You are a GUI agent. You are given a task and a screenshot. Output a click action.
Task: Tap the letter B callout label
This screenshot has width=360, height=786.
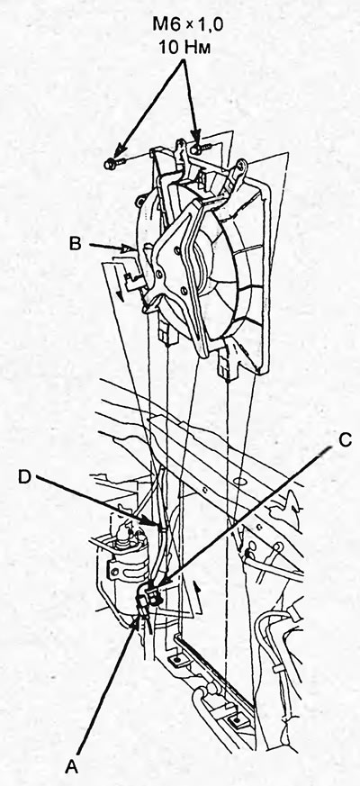[76, 245]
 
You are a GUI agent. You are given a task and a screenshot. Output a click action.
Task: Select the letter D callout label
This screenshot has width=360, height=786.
[25, 476]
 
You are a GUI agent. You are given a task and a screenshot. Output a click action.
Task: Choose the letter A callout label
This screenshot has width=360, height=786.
[74, 766]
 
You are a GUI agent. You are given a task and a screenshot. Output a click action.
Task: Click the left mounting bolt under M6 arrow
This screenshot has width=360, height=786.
[112, 162]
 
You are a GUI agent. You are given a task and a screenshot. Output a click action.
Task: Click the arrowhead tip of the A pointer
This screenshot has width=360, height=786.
[137, 618]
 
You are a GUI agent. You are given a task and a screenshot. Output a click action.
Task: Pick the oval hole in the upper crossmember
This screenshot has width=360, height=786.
[241, 480]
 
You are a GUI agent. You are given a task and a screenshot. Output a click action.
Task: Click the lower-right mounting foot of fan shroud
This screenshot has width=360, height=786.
[227, 365]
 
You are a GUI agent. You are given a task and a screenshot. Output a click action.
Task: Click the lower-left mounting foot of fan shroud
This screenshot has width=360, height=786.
[168, 332]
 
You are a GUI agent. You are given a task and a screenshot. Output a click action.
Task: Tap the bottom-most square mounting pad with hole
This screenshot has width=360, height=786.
[235, 721]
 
